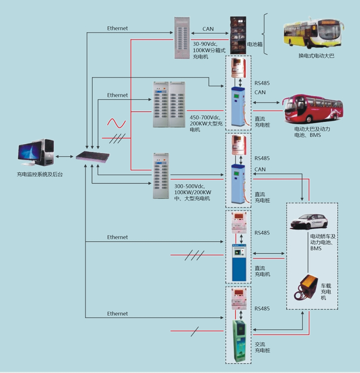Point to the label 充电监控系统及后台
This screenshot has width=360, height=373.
pyautogui.click(x=40, y=174)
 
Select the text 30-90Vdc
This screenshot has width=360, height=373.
pyautogui.click(x=205, y=44)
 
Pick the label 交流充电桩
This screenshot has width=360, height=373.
pyautogui.click(x=262, y=347)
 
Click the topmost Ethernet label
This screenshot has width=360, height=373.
pyautogui.click(x=117, y=28)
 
